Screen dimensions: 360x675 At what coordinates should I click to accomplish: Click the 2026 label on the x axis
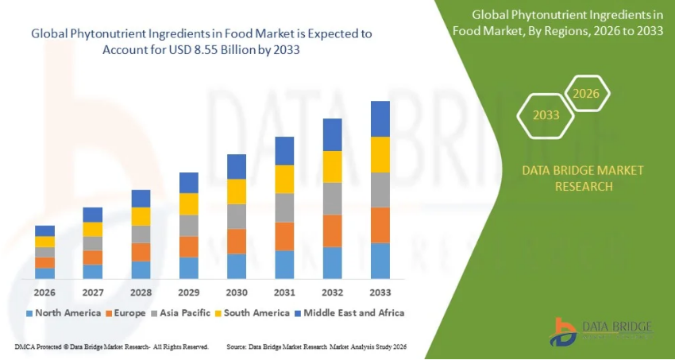point(44,291)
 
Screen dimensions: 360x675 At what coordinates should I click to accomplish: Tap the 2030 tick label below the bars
point(237,291)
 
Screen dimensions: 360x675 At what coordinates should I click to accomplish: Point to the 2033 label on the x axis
point(380,291)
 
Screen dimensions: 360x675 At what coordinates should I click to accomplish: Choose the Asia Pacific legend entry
point(181,313)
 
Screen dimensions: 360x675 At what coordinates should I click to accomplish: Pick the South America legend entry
point(252,313)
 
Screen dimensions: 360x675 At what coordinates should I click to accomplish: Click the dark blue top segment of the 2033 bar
point(380,118)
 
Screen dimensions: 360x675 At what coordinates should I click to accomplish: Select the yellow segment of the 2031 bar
point(284,179)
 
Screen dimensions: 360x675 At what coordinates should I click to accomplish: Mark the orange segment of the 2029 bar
point(188,246)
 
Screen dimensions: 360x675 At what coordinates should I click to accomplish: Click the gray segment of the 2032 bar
point(332,198)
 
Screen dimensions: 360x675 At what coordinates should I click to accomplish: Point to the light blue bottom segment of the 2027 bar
point(93,271)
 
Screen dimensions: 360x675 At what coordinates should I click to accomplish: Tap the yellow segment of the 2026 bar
point(44,242)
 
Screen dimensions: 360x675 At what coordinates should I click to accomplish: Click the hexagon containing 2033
point(546,115)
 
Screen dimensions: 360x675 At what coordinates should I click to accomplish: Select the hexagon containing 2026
point(586,94)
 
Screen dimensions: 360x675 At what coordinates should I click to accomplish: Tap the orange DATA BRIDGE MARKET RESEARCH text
point(573,179)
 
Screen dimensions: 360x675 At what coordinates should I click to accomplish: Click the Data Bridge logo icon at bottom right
point(565,331)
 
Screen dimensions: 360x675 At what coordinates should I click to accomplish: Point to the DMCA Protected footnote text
point(111,347)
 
